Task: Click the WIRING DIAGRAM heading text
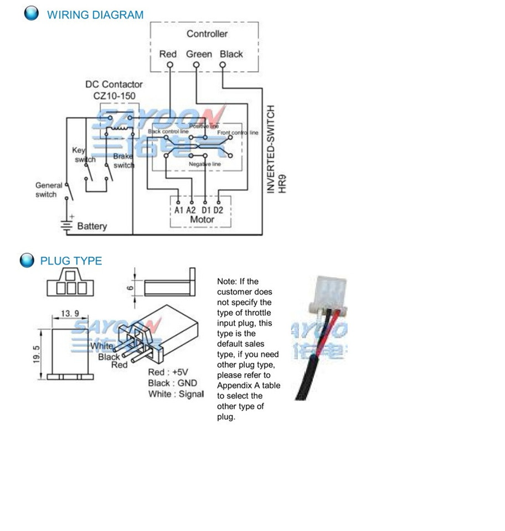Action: pyautogui.click(x=95, y=15)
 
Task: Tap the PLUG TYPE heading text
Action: pyautogui.click(x=71, y=261)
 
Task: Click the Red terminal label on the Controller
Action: pyautogui.click(x=168, y=54)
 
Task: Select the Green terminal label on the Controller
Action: pyautogui.click(x=199, y=54)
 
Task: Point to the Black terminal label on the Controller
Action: pyautogui.click(x=231, y=54)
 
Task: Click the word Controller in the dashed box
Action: pyautogui.click(x=207, y=34)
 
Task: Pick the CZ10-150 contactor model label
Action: pyautogui.click(x=114, y=96)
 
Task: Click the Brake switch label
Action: pyautogui.click(x=123, y=161)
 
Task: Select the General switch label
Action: pyautogui.click(x=48, y=190)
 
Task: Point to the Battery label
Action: pyautogui.click(x=92, y=226)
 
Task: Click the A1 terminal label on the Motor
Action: pyautogui.click(x=179, y=211)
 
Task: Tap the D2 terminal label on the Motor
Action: pyautogui.click(x=218, y=211)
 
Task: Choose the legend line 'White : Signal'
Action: pyautogui.click(x=176, y=394)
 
